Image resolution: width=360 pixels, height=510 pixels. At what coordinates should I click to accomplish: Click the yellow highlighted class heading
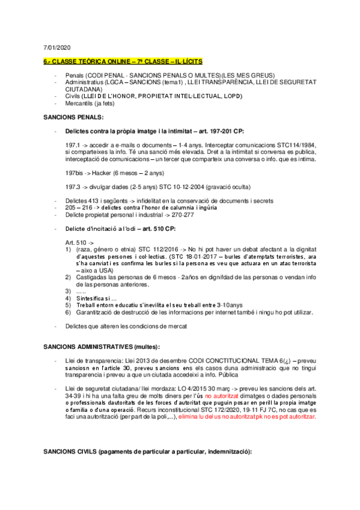pyautogui.click(x=123, y=61)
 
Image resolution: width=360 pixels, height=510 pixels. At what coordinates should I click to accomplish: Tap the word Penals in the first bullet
pyautogui.click(x=75, y=75)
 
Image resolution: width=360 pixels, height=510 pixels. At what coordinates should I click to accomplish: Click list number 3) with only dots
pyautogui.click(x=69, y=291)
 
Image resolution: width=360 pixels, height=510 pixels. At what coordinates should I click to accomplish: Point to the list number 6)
pyautogui.click(x=69, y=313)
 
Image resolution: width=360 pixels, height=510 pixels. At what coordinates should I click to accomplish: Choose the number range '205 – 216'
pyautogui.click(x=78, y=207)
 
